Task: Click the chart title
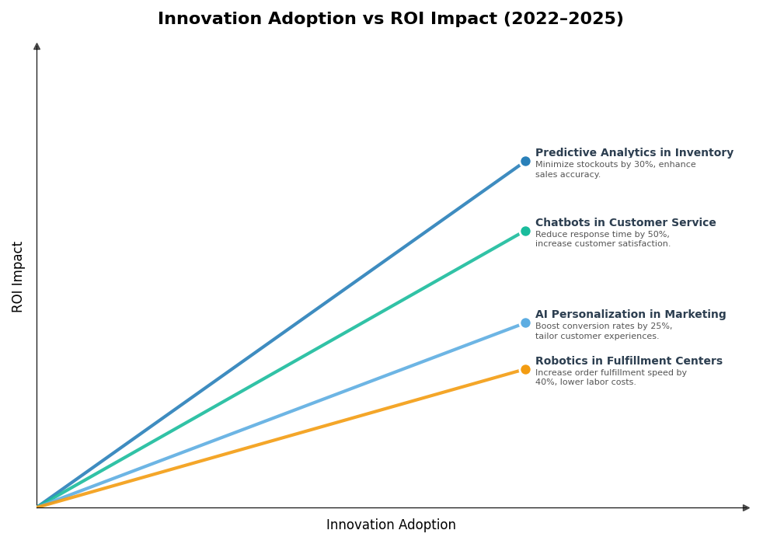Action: click(x=390, y=19)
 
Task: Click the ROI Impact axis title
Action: click(x=18, y=277)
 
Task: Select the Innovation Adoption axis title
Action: click(x=391, y=525)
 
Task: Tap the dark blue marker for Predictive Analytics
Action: click(x=525, y=162)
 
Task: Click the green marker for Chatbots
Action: click(x=525, y=231)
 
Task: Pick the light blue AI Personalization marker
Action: click(x=525, y=323)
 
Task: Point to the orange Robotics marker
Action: click(x=525, y=370)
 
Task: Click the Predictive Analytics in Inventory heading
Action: click(x=634, y=153)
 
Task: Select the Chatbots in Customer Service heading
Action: click(x=625, y=223)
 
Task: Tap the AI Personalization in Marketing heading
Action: click(x=630, y=315)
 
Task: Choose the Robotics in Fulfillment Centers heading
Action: click(x=629, y=361)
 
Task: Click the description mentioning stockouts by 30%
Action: click(x=615, y=169)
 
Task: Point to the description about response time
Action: click(x=602, y=239)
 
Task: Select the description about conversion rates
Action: click(x=603, y=332)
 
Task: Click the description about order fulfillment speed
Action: click(x=611, y=378)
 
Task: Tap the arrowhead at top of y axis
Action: click(x=37, y=47)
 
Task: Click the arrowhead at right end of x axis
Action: click(x=746, y=508)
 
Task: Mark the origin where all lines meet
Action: click(x=37, y=507)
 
